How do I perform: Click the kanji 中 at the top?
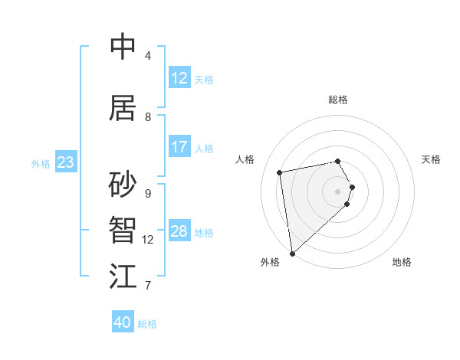pyautogui.click(x=123, y=47)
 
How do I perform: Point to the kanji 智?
pyautogui.click(x=123, y=231)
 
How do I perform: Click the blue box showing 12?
pyautogui.click(x=179, y=78)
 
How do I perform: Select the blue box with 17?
pyautogui.click(x=179, y=147)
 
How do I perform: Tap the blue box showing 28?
pyautogui.click(x=179, y=231)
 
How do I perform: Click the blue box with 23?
pyautogui.click(x=65, y=162)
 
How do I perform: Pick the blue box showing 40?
pyautogui.click(x=123, y=322)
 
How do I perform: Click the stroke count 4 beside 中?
pyautogui.click(x=148, y=56)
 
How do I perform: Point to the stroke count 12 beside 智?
pyautogui.click(x=148, y=240)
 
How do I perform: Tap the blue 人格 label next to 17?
pyautogui.click(x=204, y=149)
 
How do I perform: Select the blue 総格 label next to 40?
pyautogui.click(x=147, y=324)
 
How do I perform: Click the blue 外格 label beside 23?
pyautogui.click(x=40, y=164)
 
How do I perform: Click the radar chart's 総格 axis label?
pyautogui.click(x=338, y=100)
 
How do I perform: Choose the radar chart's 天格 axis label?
pyautogui.click(x=432, y=159)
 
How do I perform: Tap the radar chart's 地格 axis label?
pyautogui.click(x=402, y=263)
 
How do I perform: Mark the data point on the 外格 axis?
pyautogui.click(x=292, y=253)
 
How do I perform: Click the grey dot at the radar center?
pyautogui.click(x=338, y=191)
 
